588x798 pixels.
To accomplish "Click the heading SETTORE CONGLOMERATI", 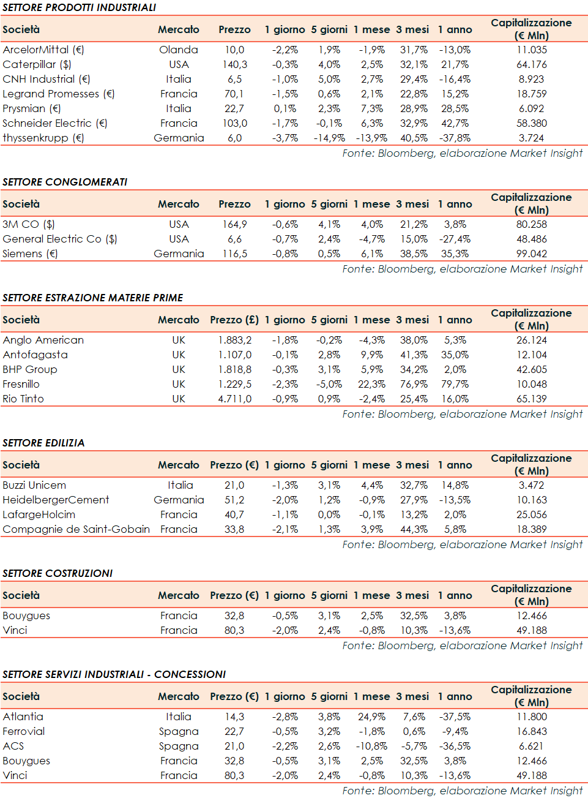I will pos(65,182).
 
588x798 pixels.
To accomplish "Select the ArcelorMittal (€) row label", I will pos(43,50).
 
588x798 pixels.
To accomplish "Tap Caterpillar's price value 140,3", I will pos(235,64).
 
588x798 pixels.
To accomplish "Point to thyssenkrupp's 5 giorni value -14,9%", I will pos(329,138).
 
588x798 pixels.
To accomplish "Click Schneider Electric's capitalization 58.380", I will pos(532,123).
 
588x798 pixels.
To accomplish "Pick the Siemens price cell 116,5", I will pos(235,254).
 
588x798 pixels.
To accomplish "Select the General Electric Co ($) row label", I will pos(60,239).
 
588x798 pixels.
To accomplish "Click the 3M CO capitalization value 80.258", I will pos(532,224).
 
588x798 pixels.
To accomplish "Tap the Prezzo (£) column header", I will pos(234,320).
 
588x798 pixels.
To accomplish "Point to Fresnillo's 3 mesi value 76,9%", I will pos(414,384).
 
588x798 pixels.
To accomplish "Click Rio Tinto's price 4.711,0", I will pos(235,399).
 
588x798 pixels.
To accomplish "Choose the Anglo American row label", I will pos(43,340).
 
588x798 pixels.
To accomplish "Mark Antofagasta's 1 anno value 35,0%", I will pos(455,355).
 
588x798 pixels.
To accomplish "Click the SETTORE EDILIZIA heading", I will pos(43,443).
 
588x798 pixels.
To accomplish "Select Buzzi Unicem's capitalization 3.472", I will pos(532,485).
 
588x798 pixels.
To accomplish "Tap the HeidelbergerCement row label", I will pos(56,500).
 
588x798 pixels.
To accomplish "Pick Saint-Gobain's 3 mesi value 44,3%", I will pos(414,529).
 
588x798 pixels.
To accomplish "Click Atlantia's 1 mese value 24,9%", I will pos(371,717).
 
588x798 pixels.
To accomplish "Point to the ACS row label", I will pos(13,746).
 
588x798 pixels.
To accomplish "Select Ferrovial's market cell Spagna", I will pos(179,731).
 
